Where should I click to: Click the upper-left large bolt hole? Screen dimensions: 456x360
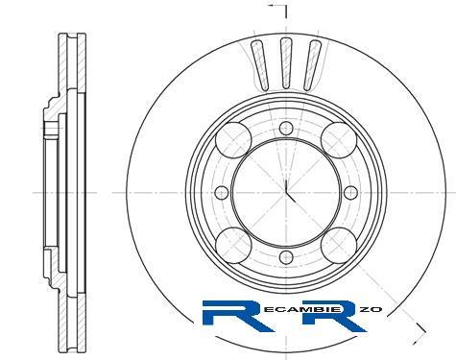coord(234,140)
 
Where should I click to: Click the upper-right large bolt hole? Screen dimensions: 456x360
coord(339,140)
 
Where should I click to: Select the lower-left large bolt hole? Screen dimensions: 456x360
coord(234,245)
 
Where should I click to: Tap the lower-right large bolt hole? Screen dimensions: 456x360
coord(339,245)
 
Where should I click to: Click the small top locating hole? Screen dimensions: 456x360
coord(286,129)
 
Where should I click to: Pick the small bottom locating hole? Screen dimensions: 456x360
coord(286,257)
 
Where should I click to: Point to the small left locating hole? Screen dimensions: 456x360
coord(222,193)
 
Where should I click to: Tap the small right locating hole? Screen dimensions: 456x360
coord(351,193)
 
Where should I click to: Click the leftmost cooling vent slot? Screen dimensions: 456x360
coord(260,65)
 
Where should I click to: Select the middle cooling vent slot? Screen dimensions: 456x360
coord(286,62)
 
